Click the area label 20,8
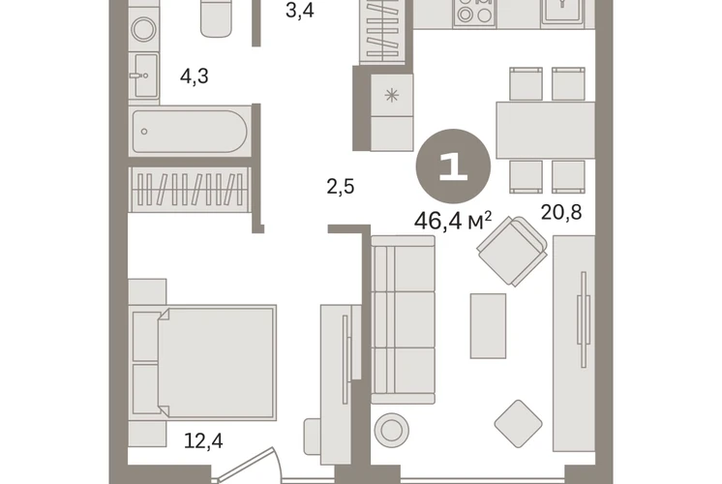pos(560,212)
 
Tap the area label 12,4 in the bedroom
pos(203,440)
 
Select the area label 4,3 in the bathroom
pos(195,76)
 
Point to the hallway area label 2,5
pos(341,187)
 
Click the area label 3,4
pos(300,10)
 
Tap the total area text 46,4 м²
pos(453,221)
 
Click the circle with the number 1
pos(453,166)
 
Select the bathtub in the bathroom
pos(190,132)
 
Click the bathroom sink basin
pos(146,76)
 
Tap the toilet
pos(216,18)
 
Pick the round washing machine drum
pos(143,29)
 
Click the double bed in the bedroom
pos(202,362)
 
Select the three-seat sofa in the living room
pos(403,320)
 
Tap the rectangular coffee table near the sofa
pos(488,325)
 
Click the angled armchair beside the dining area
pos(512,251)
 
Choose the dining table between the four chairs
pos(545,131)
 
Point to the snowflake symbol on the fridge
pos(392,95)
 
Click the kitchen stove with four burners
pos(474,13)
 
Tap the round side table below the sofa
pos(391,430)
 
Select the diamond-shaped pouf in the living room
pos(518,424)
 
